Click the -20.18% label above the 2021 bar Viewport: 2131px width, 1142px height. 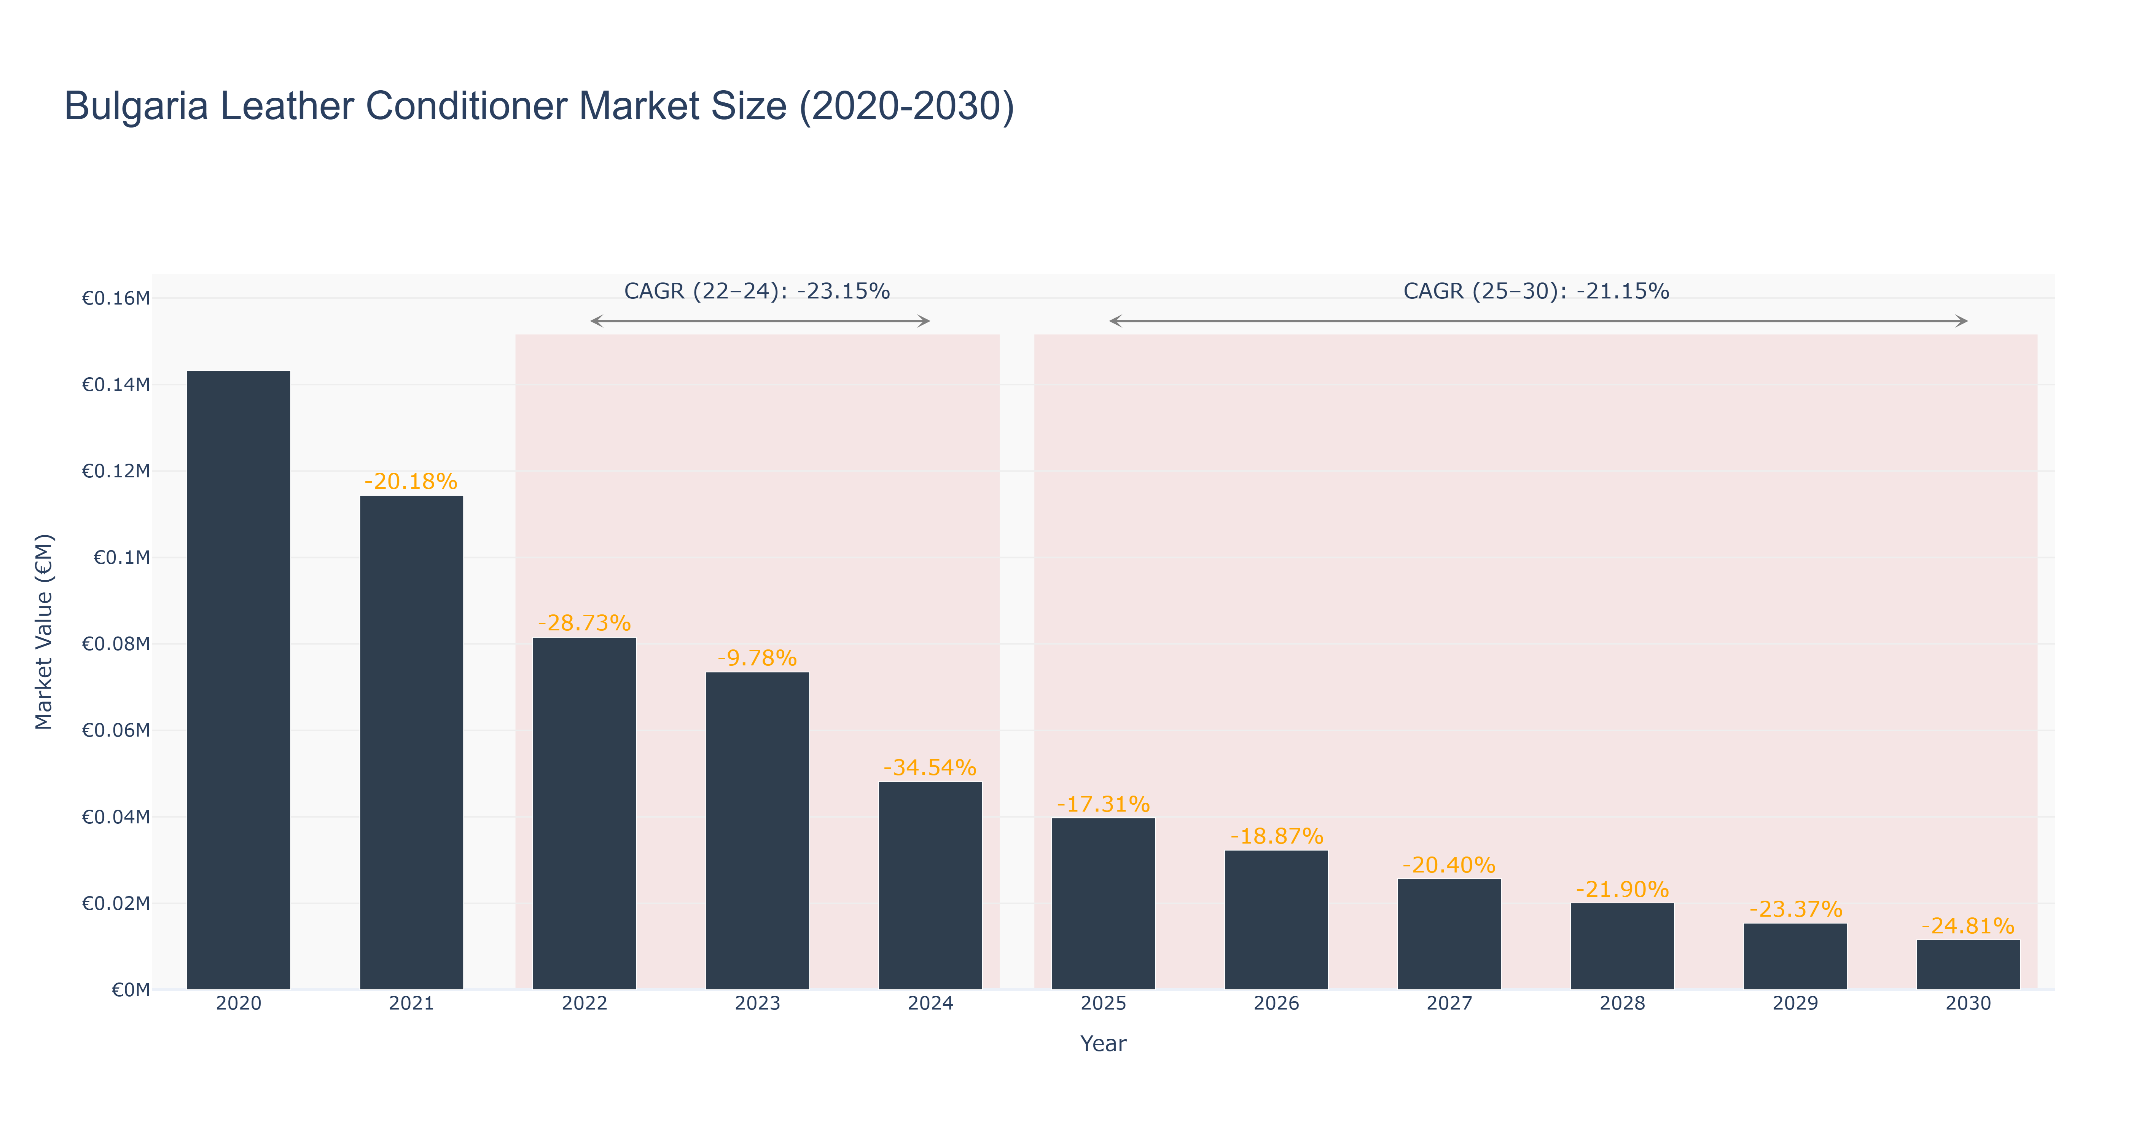point(411,482)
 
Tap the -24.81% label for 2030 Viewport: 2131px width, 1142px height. point(1968,926)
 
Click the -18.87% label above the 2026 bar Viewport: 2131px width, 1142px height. point(1276,837)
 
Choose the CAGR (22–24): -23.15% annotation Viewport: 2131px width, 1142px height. point(757,291)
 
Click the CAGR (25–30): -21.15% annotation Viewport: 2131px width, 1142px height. point(1536,291)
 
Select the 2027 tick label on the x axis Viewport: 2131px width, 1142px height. point(1449,1004)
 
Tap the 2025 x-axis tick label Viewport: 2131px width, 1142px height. point(1104,1004)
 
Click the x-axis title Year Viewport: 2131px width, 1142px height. point(1104,1043)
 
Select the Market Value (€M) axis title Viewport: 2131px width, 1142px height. point(44,632)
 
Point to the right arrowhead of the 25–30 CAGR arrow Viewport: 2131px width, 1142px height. point(1962,321)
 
